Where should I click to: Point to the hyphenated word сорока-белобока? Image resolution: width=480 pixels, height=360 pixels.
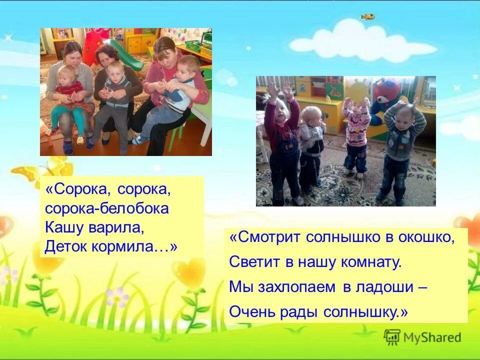(106, 208)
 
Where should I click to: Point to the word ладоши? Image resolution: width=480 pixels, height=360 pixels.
(381, 286)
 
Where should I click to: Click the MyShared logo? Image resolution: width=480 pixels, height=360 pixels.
(422, 337)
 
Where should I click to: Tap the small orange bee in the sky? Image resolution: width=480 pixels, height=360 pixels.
(367, 17)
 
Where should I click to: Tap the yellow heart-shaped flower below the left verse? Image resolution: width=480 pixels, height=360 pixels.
(190, 273)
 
